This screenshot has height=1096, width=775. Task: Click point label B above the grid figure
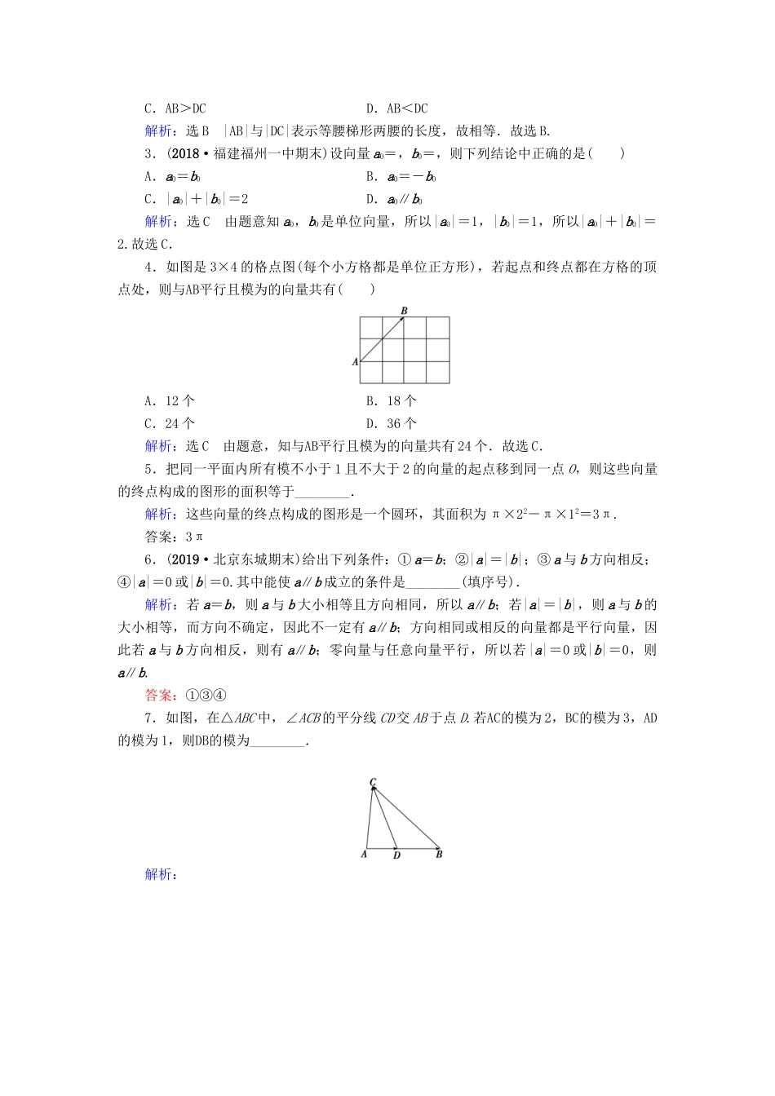(x=404, y=310)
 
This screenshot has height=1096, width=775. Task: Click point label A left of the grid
(x=355, y=361)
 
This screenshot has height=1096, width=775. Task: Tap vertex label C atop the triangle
(x=372, y=782)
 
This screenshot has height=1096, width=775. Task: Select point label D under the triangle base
(x=396, y=855)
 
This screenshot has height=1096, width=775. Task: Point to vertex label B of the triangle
(x=439, y=855)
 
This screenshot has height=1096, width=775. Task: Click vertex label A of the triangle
(x=364, y=854)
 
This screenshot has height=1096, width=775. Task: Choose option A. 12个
(x=170, y=400)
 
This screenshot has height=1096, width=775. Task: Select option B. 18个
(x=392, y=400)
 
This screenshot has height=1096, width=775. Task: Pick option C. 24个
(x=170, y=423)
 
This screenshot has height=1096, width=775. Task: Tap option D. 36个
(x=392, y=423)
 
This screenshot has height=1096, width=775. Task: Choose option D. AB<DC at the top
(x=397, y=108)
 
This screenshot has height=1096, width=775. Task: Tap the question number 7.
(x=148, y=718)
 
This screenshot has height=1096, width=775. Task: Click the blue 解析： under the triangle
(x=161, y=874)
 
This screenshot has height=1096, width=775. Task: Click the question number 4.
(x=148, y=267)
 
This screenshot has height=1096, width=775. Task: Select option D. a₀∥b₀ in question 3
(x=394, y=199)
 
